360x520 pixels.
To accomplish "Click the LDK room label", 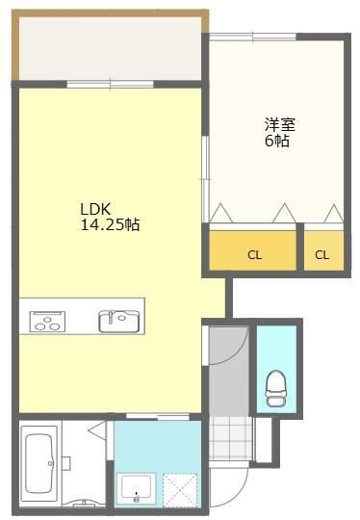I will [94, 209].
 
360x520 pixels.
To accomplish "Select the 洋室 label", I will [279, 124].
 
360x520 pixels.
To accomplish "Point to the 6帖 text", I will [278, 141].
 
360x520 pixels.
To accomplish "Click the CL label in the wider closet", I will [254, 255].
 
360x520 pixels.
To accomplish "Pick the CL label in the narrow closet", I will [321, 255].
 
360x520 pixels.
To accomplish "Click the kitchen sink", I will [118, 320].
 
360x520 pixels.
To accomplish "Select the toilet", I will [276, 384].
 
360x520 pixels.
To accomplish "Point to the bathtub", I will [39, 462].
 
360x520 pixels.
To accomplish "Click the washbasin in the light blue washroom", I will [135, 488].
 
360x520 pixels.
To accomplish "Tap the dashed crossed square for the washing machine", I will [179, 487].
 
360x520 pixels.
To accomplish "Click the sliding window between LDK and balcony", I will [110, 85].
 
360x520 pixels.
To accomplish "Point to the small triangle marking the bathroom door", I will [95, 432].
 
